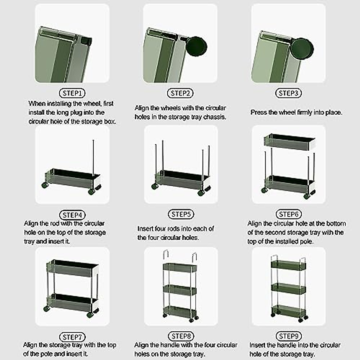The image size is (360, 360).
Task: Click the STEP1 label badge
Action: point(72,93)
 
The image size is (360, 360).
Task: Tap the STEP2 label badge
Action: point(180,93)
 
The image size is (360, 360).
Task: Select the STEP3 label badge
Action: point(288,93)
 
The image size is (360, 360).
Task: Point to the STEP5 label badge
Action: point(181,214)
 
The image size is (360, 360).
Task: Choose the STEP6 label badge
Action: point(289,214)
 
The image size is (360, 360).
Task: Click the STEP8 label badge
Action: point(181,336)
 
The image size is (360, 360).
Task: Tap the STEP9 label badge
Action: point(289,336)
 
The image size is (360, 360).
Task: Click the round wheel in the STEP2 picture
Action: point(196,46)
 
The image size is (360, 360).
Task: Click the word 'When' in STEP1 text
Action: point(37,104)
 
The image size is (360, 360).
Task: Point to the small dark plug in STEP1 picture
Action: point(86,40)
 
